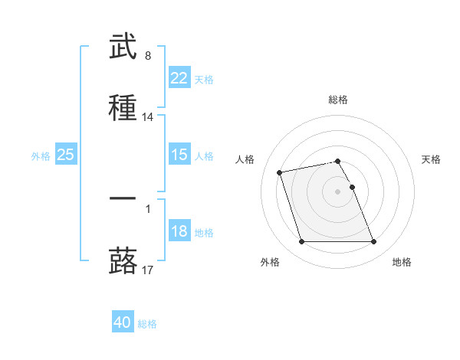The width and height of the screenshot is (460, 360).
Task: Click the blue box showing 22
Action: [179, 78]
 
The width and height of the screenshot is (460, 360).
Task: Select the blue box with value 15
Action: [179, 155]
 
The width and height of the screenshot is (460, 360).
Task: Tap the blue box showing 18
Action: [179, 231]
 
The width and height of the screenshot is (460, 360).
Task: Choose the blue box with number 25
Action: [65, 155]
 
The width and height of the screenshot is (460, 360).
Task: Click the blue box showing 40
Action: [123, 322]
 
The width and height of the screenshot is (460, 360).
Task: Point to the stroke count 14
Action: [148, 117]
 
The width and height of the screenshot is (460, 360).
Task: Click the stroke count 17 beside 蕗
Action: [148, 270]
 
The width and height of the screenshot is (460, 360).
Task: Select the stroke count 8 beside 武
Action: [148, 56]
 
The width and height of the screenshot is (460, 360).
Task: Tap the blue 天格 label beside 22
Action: [204, 79]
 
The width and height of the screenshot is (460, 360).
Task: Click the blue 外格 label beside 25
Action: [41, 155]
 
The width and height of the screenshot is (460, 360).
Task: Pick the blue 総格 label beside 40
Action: [147, 323]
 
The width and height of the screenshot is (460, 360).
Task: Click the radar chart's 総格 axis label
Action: [338, 100]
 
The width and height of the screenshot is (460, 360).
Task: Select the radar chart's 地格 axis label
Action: [402, 263]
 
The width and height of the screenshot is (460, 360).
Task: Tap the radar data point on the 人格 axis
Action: [280, 172]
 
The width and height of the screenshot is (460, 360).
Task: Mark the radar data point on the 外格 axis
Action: [301, 242]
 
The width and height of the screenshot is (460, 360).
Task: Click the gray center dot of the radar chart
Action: [338, 191]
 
